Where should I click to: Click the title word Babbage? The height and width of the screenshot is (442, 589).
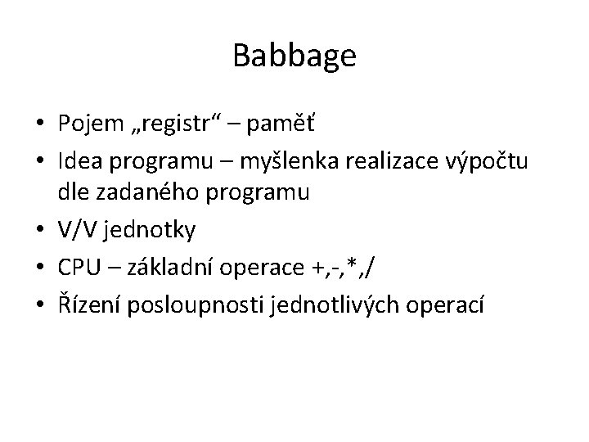tap(294, 56)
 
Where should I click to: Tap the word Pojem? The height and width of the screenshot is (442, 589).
tap(90, 126)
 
